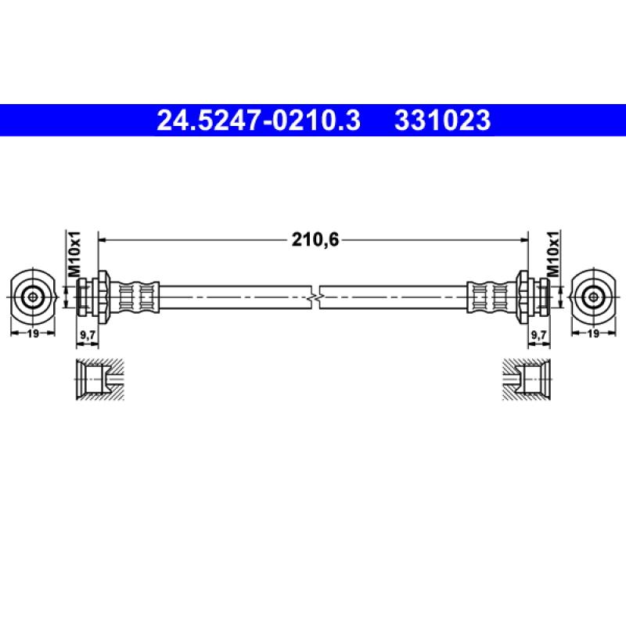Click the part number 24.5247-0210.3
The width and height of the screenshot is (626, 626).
(259, 121)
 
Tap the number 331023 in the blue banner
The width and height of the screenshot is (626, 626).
(442, 121)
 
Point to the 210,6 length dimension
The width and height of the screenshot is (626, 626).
(315, 239)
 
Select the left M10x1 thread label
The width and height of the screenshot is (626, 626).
(74, 254)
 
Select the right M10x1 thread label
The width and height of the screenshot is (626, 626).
(553, 254)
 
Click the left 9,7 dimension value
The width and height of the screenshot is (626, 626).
(88, 335)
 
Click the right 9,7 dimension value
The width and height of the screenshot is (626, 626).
(539, 335)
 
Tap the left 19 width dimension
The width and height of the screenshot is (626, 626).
(33, 333)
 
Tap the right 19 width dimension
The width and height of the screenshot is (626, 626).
(594, 333)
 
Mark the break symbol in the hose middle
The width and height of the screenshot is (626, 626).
(315, 297)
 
